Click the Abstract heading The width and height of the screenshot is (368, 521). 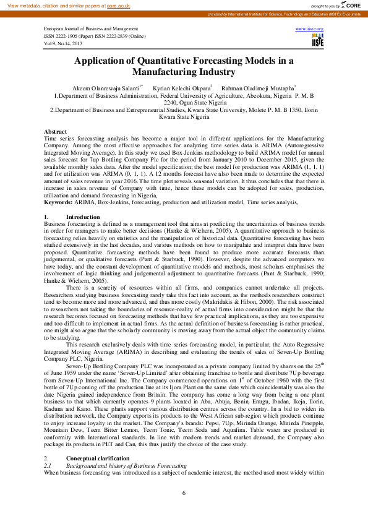pyautogui.click(x=56, y=132)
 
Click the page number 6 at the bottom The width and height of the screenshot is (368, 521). pyautogui.click(x=184, y=493)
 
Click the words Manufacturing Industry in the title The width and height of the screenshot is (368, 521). pyautogui.click(x=184, y=72)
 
